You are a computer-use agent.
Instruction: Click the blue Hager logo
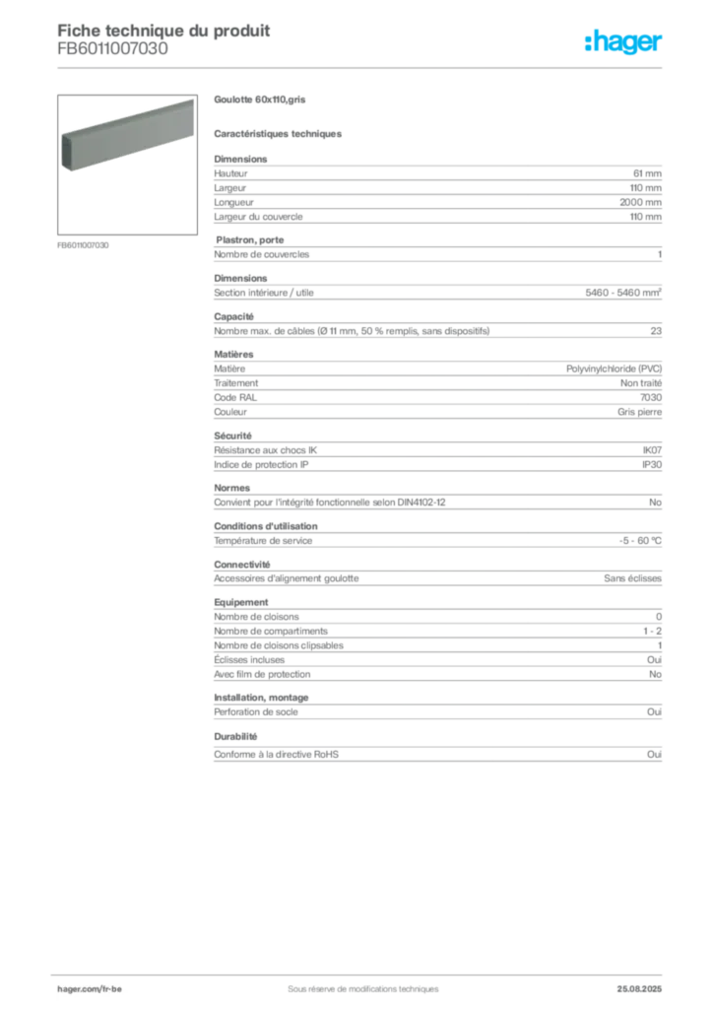624,42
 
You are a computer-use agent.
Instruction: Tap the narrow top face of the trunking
126,116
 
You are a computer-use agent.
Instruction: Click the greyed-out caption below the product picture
83,244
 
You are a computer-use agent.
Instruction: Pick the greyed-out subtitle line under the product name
280,133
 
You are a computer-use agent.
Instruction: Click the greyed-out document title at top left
162,29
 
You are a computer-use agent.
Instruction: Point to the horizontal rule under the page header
362,68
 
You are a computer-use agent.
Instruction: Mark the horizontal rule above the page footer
362,970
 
